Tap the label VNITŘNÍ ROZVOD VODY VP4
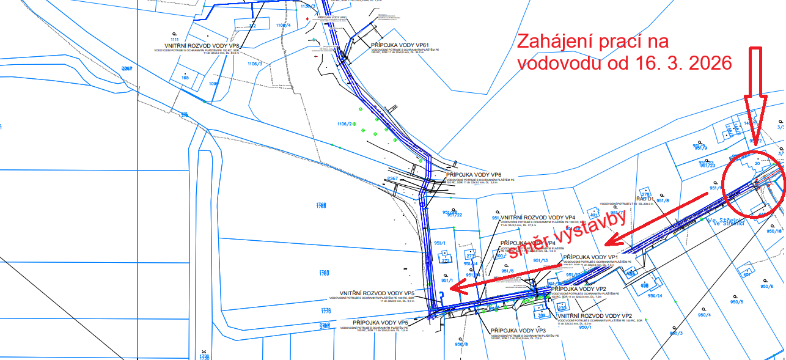[x=538, y=218]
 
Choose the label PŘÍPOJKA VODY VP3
[x=518, y=330]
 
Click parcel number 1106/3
[x=254, y=64]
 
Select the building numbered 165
[x=185, y=78]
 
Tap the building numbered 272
[x=446, y=260]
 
